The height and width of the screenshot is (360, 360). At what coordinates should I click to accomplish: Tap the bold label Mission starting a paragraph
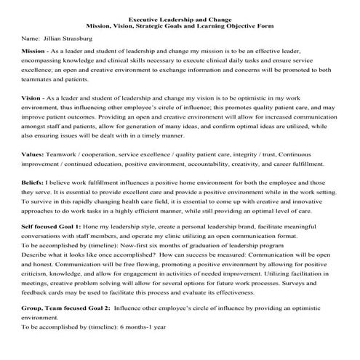[x=34, y=53]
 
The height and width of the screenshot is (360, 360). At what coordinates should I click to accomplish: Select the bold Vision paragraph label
[x=32, y=97]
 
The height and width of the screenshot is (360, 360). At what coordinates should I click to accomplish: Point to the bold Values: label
[x=33, y=155]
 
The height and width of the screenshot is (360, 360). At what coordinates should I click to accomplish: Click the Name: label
[x=31, y=36]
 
